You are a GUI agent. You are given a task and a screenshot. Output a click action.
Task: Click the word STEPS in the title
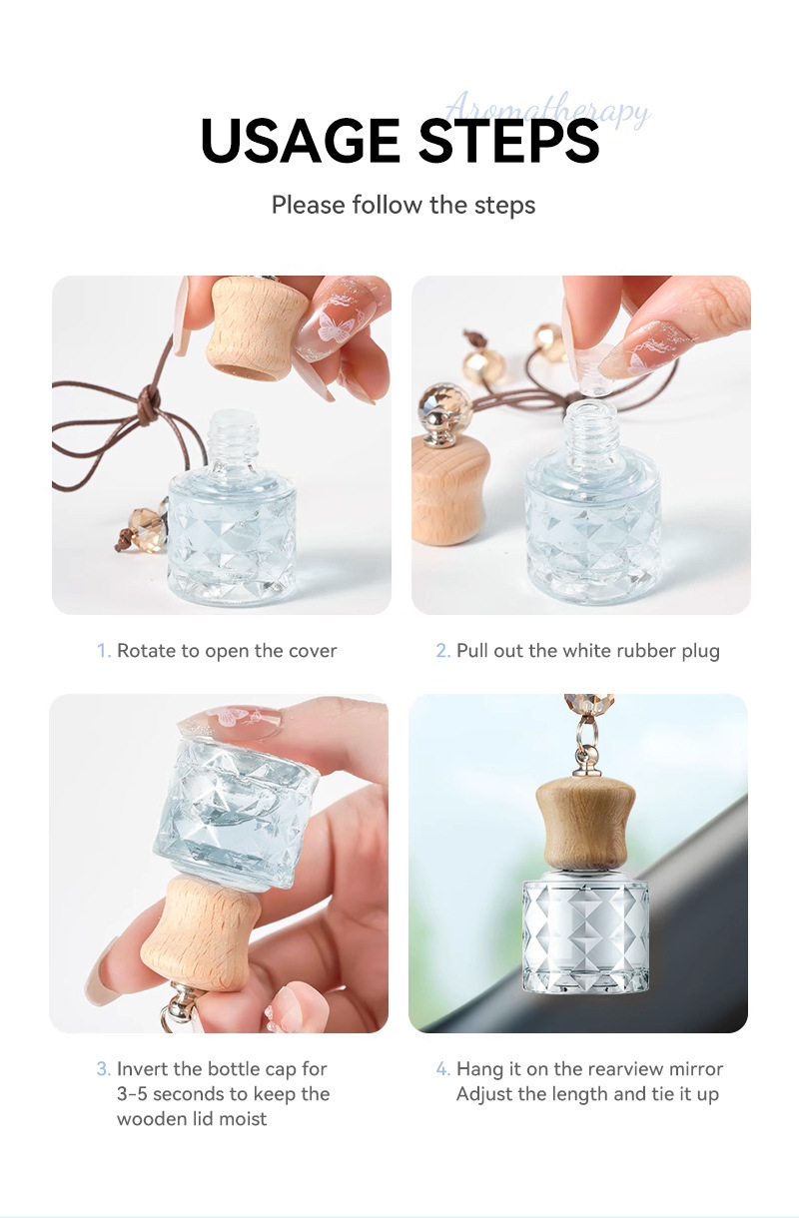coord(508,142)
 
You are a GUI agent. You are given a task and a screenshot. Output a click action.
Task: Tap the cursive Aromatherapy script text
coord(547,109)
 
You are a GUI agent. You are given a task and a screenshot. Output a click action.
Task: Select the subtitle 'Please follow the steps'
coord(403,206)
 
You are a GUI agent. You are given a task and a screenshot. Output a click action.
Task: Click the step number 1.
coord(103,651)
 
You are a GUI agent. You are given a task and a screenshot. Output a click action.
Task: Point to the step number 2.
coord(442,651)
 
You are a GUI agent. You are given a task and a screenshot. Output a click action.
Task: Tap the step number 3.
coord(103,1069)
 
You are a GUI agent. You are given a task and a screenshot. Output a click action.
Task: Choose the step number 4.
coord(442,1069)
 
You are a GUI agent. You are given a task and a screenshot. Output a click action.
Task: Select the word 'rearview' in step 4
coord(625,1069)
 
